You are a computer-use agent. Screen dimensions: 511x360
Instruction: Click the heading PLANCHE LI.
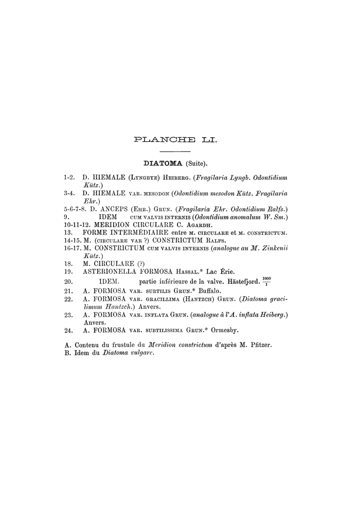coord(175,139)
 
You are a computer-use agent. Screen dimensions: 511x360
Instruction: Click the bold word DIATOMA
coord(162,164)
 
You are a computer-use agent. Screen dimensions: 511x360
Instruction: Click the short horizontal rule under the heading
coord(175,151)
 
